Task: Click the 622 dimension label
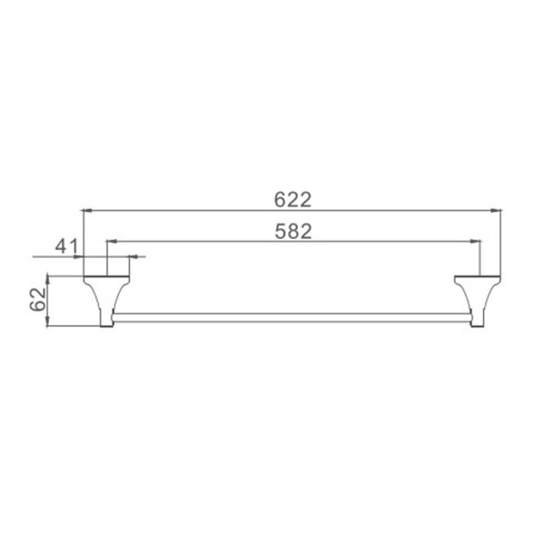pyautogui.click(x=293, y=200)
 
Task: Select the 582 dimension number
pyautogui.click(x=293, y=231)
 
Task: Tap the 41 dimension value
pyautogui.click(x=67, y=246)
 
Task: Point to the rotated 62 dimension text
pyautogui.click(x=38, y=299)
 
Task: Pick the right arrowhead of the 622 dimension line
pyautogui.click(x=496, y=210)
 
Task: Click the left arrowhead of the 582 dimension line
pyautogui.click(x=111, y=241)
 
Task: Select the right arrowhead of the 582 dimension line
pyautogui.click(x=476, y=241)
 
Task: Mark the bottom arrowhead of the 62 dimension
pyautogui.click(x=48, y=321)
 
